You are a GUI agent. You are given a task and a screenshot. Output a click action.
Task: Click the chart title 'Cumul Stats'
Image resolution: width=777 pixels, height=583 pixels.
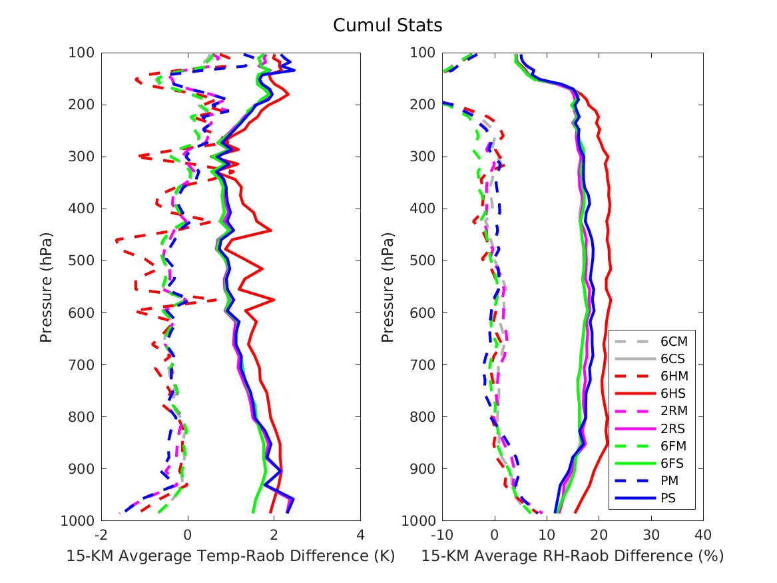(388, 25)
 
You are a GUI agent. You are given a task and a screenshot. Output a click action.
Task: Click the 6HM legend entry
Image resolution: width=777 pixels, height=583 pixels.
(651, 376)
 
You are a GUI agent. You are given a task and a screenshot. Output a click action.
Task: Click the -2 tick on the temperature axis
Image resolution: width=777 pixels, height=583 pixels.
(101, 535)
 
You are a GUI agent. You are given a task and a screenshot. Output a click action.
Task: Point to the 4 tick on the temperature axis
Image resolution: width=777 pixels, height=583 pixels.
(360, 535)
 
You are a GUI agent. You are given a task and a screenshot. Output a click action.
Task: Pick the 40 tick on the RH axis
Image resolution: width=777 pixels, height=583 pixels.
(703, 535)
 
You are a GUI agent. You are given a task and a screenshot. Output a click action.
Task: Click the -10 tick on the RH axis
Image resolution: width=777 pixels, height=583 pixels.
(442, 535)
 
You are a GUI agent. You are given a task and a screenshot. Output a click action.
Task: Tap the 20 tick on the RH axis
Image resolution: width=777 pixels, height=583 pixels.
(599, 535)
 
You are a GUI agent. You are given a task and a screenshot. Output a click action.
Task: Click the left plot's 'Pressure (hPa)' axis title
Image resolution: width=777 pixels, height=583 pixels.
(45, 288)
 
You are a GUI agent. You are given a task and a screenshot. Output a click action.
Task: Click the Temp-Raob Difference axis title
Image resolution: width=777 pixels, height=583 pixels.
(230, 556)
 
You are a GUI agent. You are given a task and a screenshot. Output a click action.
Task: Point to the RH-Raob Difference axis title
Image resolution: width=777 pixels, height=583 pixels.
(573, 556)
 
